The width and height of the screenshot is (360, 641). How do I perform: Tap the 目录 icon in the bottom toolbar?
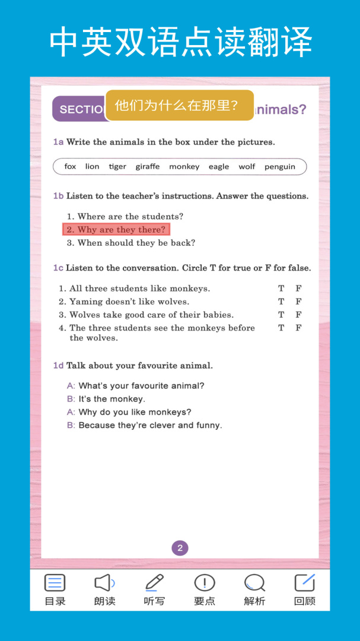(x=55, y=583)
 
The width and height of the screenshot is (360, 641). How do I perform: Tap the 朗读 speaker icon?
(x=104, y=583)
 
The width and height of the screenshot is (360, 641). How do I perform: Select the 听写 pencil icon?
(x=154, y=583)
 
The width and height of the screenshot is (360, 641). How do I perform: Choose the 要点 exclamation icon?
(x=205, y=583)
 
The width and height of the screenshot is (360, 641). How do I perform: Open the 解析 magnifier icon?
(x=254, y=583)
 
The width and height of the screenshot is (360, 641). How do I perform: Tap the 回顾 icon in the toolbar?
(x=305, y=583)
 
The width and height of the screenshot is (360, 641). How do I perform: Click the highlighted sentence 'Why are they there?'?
(x=116, y=230)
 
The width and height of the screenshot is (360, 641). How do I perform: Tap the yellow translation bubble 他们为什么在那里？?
(x=179, y=106)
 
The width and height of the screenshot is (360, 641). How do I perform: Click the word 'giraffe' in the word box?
(x=147, y=167)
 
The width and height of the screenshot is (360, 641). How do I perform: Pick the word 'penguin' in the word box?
(x=279, y=167)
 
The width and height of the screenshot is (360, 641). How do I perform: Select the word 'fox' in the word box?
(x=70, y=167)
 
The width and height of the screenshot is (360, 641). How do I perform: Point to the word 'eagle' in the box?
(x=218, y=167)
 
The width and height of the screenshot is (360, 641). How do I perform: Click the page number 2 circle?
(x=180, y=548)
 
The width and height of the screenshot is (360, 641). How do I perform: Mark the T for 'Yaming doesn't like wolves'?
(x=281, y=302)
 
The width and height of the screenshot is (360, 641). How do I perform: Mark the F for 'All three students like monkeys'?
(x=298, y=288)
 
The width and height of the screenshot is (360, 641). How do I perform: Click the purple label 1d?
(x=58, y=366)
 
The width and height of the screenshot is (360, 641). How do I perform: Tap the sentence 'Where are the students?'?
(x=130, y=217)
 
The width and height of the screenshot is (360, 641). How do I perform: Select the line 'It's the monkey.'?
(x=111, y=399)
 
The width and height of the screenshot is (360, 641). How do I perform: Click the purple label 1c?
(x=58, y=268)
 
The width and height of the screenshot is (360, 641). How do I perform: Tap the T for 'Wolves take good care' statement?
(x=281, y=315)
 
